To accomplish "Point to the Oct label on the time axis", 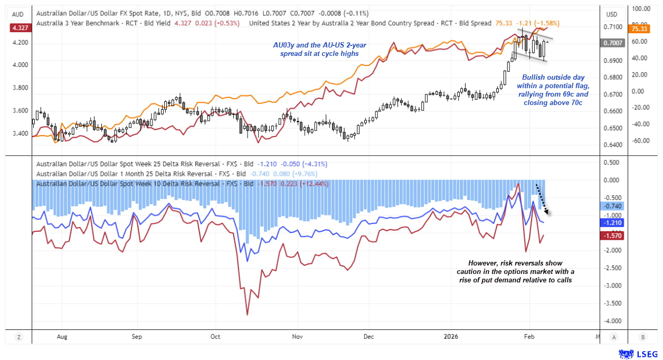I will tap(215, 336).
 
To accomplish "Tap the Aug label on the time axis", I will tap(62, 336).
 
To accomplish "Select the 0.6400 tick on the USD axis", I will tap(615, 145).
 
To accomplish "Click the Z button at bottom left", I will tap(18, 336).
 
